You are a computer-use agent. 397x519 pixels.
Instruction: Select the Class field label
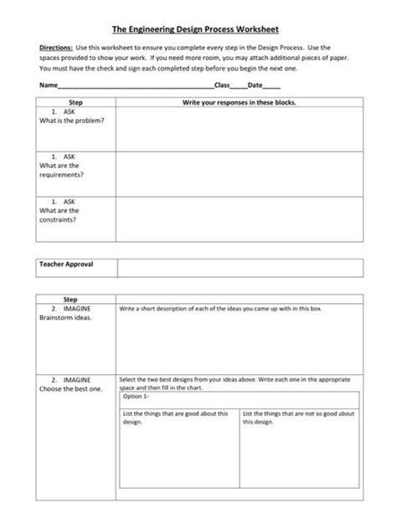click(x=222, y=85)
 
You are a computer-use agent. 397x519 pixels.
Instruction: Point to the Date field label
click(x=255, y=85)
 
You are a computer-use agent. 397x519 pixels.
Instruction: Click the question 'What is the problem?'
click(x=72, y=121)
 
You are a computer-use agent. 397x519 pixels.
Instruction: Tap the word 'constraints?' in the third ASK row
click(x=59, y=220)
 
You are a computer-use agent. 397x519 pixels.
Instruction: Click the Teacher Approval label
click(x=66, y=265)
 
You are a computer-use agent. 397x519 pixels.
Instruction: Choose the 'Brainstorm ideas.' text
click(x=65, y=318)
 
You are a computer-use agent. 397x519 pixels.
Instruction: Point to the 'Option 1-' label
click(x=135, y=397)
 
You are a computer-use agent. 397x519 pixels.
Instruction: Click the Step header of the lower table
click(x=70, y=298)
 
